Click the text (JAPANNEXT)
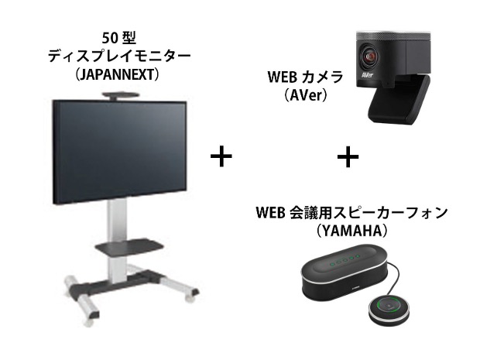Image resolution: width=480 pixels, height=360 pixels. pos(118,74)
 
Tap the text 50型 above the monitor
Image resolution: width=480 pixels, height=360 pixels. pos(118,38)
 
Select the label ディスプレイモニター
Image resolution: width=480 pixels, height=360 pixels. pos(119,57)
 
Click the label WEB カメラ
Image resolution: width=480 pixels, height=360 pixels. pos(305,77)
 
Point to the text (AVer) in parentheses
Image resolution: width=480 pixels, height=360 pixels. pos(305,95)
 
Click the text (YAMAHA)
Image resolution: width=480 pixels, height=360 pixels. pos(351,231)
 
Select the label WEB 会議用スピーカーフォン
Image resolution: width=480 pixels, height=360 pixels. pos(351,212)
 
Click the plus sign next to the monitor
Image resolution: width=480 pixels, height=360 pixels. pos(221,156)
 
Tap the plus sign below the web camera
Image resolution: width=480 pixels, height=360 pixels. pos(348,156)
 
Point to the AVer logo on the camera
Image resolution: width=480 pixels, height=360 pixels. pos(367,74)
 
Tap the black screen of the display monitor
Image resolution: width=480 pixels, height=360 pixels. pos(120,152)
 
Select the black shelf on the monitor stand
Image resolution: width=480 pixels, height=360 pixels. pos(129,246)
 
